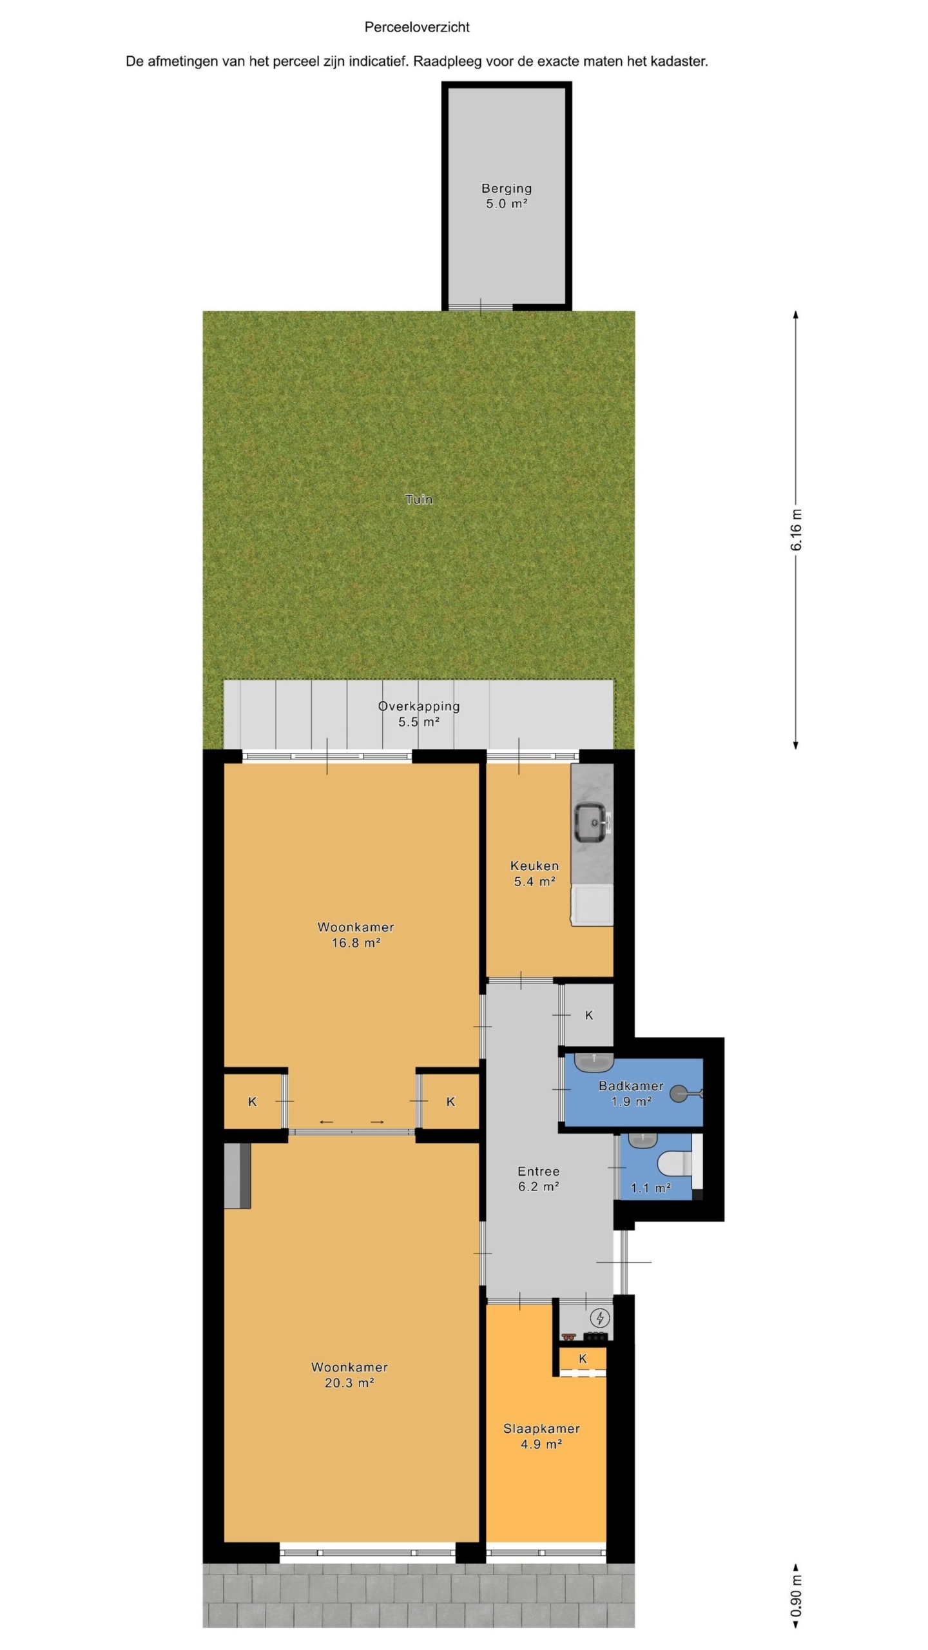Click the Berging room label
507,196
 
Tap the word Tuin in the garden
419,499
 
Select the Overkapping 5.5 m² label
419,713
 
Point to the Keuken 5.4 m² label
534,873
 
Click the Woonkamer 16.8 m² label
356,935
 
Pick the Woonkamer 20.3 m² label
349,1374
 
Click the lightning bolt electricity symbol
600,1299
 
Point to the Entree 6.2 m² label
538,1178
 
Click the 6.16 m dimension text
797,530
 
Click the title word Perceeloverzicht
417,27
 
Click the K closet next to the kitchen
588,1015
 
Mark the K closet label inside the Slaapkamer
583,1358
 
